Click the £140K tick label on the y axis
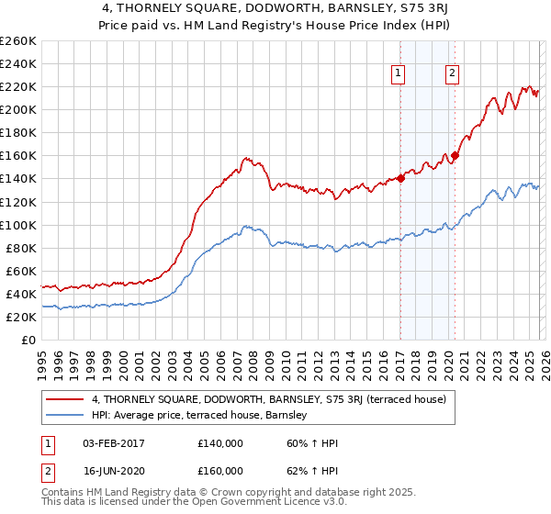(18, 179)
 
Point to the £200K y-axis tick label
(18, 109)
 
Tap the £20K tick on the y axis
(21, 317)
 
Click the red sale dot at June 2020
(455, 155)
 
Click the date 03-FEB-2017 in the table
(114, 443)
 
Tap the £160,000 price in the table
(220, 471)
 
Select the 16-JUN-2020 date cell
(114, 471)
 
